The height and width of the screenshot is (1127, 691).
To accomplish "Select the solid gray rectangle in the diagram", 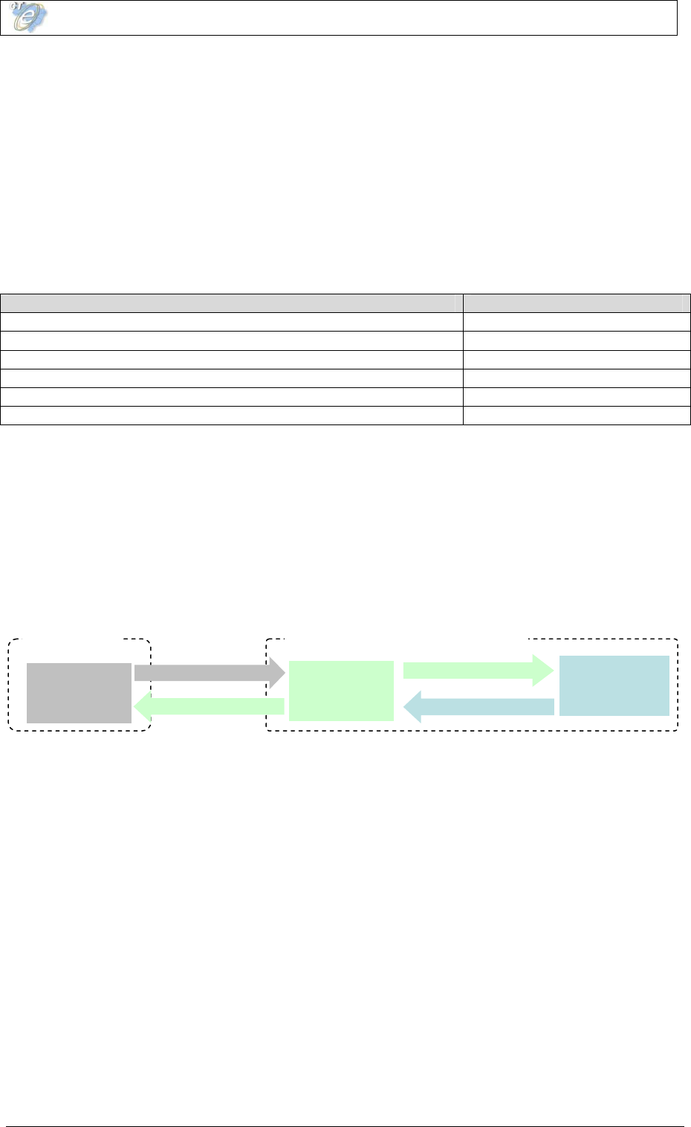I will point(79,693).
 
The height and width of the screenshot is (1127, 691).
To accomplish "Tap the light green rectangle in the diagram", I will point(341,691).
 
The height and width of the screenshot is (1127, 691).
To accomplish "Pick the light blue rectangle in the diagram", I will point(614,685).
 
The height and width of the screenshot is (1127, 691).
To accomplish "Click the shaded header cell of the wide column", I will point(231,303).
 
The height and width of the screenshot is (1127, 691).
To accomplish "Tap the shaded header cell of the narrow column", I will point(577,303).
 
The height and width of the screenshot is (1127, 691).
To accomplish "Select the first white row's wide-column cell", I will point(231,322).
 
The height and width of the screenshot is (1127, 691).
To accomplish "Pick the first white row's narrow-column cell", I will point(577,322).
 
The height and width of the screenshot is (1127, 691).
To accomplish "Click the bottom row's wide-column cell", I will point(231,416).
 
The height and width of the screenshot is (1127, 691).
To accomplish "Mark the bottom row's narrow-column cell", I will point(577,416).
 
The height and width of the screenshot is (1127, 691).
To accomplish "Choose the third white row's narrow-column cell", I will point(577,359).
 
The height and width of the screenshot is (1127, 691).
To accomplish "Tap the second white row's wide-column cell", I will point(231,340).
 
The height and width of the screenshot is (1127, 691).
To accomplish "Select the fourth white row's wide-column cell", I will point(231,378).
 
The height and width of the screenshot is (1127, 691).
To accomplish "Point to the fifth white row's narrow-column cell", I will point(577,397).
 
